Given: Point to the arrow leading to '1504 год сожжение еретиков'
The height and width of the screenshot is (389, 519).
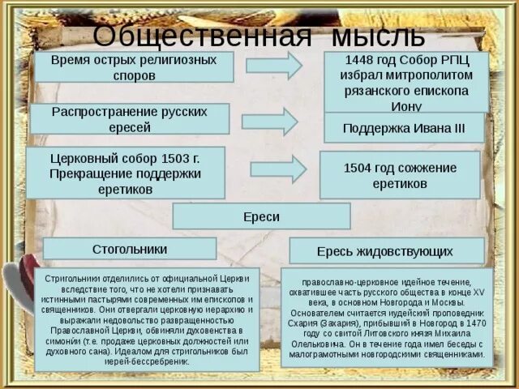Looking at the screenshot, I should (x=277, y=169).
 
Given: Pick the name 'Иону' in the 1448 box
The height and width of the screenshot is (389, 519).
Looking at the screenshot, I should (x=405, y=105).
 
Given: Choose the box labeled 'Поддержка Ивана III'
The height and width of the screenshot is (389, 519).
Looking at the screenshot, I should (x=404, y=128).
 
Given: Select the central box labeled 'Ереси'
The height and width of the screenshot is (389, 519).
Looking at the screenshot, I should (x=261, y=216).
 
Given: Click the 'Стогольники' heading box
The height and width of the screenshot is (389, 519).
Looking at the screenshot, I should (x=130, y=248).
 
